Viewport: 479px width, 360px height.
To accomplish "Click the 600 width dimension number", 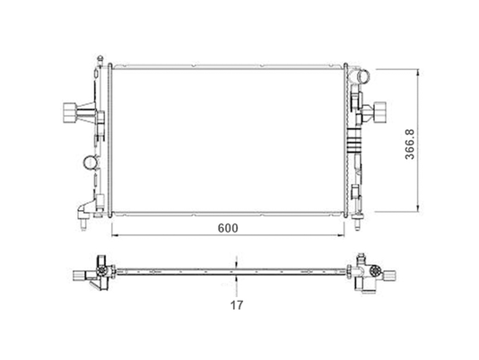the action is point(228,228).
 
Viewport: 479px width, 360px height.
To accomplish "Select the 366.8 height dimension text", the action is point(410,145).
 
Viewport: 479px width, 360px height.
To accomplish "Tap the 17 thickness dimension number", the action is point(237,305).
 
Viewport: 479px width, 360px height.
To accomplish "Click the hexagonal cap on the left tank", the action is point(69,112).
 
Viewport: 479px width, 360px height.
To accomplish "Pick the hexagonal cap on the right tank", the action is point(379,112).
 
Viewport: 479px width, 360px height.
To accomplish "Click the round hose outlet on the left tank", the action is point(91,162).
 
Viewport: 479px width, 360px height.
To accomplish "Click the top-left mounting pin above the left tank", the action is point(100,59).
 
